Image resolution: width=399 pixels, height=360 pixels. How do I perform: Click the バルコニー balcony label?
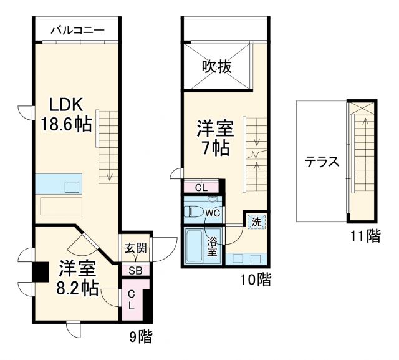point(76,29)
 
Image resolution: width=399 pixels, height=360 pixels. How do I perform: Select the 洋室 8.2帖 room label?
point(78,279)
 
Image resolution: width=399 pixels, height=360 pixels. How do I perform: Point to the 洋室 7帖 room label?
point(215,139)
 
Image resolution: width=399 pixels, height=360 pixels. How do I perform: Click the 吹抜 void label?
point(216,66)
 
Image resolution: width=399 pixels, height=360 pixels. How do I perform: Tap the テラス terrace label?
point(322,162)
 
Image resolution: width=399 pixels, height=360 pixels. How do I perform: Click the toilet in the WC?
point(196,210)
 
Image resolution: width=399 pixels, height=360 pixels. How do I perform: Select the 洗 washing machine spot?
point(256,221)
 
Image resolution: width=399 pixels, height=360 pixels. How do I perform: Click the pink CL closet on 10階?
point(201,187)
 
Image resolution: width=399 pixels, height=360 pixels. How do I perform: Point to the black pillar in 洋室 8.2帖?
point(41,272)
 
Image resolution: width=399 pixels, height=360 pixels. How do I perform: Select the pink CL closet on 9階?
point(132,300)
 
